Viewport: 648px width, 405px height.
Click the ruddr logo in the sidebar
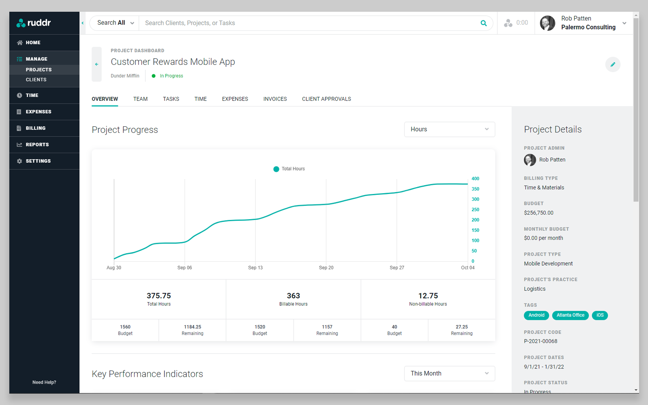(34, 23)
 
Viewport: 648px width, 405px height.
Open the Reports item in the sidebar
(37, 145)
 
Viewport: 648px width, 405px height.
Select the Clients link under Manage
(36, 80)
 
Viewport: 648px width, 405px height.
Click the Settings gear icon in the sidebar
(19, 161)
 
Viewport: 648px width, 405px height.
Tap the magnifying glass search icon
(484, 23)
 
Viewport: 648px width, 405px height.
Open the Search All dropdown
(115, 23)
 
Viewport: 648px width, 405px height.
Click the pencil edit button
(613, 64)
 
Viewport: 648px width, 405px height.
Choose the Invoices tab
(275, 99)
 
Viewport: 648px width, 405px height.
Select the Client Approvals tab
(326, 99)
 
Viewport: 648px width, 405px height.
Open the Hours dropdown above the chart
(449, 129)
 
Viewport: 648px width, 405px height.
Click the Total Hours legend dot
(276, 169)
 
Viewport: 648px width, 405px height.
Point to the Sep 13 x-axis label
(255, 268)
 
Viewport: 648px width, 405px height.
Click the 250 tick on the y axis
(475, 210)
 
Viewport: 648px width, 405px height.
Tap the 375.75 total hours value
(159, 296)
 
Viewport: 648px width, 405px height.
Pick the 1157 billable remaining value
(327, 327)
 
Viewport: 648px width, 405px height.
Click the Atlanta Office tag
(570, 315)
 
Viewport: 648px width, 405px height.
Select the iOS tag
(600, 315)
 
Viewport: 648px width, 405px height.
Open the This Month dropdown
(449, 373)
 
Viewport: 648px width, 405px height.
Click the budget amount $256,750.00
(538, 213)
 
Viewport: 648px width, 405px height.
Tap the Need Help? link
(44, 382)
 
